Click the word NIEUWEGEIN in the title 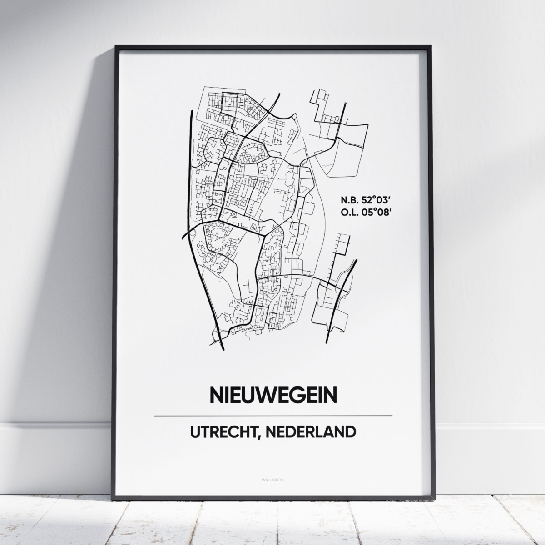coord(273,395)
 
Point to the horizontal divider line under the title coord(273,416)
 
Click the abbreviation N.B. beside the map coord(348,200)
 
